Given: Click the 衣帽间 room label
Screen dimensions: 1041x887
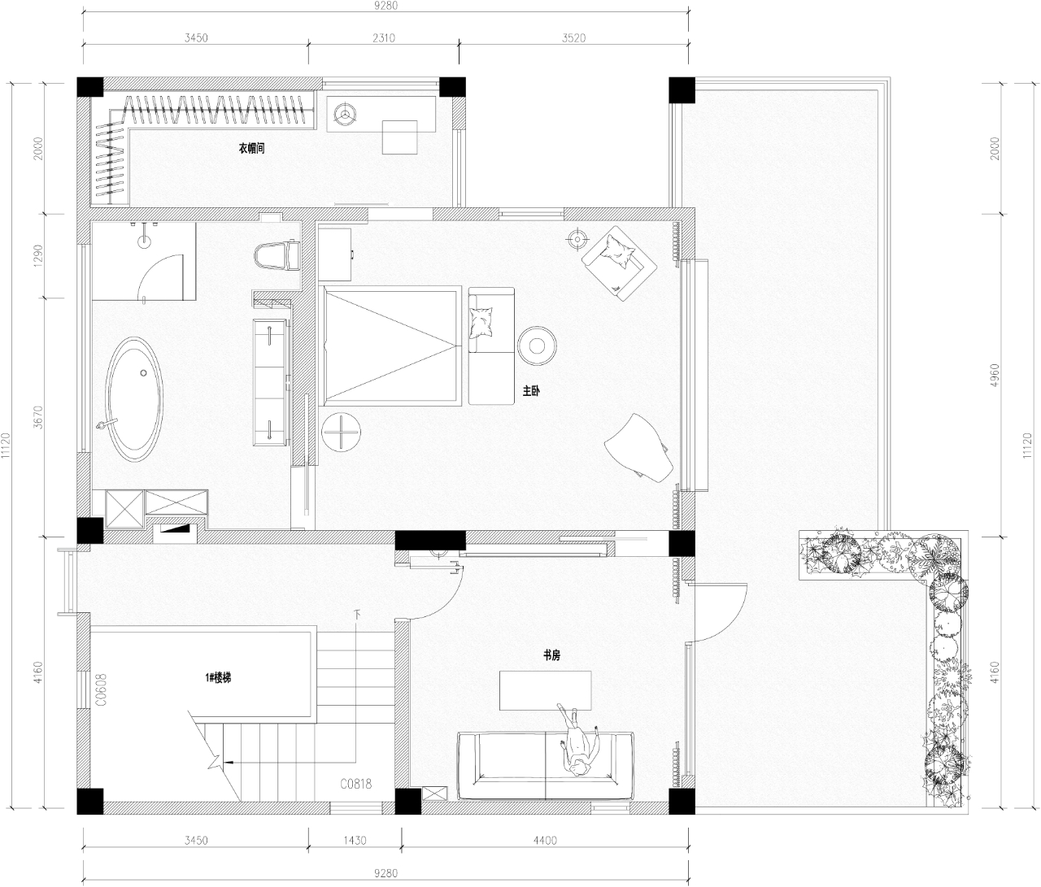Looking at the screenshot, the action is point(251,149).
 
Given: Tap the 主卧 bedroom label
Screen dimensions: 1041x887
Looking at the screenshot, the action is point(531,390).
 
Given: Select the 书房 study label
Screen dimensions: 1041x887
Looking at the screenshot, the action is point(551,655).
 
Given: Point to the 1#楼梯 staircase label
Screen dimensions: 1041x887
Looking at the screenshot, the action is point(218,678).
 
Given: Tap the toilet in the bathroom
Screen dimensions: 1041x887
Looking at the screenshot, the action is point(277,255).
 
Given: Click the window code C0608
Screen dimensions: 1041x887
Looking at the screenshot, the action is point(101,689).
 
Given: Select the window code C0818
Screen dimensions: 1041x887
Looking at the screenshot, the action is point(356,784).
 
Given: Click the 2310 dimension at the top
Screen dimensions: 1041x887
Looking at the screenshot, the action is point(384,37).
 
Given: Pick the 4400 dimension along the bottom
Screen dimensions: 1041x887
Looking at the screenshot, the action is point(546,840).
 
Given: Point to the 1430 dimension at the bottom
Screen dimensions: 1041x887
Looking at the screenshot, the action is point(355,840).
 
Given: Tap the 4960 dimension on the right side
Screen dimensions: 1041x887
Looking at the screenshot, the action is point(995,376).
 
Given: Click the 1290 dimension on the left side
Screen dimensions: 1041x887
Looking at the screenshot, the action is point(39,256).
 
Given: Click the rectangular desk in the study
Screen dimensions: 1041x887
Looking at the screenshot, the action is point(546,690).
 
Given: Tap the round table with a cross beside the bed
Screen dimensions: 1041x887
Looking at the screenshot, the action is point(342,432).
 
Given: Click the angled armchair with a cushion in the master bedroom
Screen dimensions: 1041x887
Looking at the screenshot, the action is point(619,263).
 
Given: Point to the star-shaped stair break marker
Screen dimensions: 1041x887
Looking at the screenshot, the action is point(216,762).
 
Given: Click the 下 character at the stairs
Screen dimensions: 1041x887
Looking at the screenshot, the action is point(358,615).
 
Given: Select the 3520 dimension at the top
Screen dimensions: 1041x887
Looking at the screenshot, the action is point(573,37).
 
